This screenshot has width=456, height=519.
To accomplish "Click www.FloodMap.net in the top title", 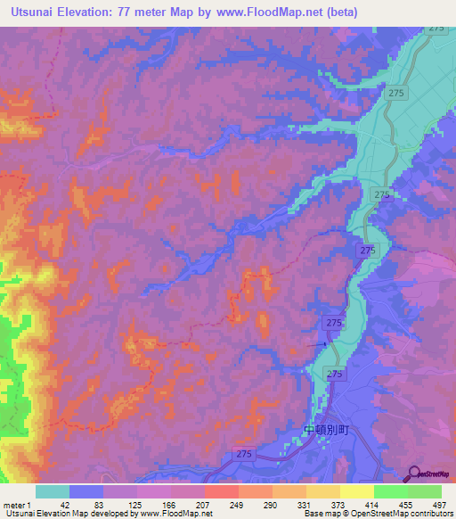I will (298, 12).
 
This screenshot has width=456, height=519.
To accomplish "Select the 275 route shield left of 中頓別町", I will (245, 455).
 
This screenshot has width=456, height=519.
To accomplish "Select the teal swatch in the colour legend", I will (53, 491).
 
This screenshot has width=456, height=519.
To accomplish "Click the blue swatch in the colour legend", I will (86, 491).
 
